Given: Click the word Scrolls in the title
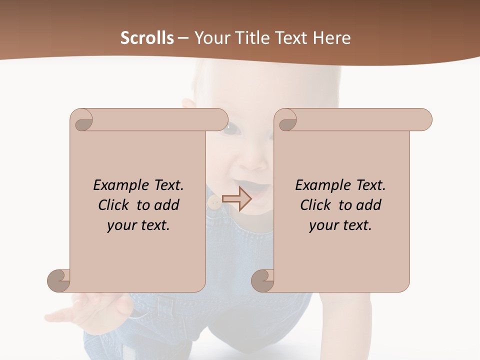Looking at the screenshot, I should click(147, 38).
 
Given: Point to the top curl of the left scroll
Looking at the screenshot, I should click(82, 120).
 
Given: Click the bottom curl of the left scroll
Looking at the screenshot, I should click(58, 280).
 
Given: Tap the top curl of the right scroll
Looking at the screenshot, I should click(286, 120).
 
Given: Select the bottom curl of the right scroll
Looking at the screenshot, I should click(262, 280).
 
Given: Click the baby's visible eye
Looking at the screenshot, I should click(231, 128).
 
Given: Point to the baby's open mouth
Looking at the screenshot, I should click(259, 190).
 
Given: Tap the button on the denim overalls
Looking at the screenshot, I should click(214, 202).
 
